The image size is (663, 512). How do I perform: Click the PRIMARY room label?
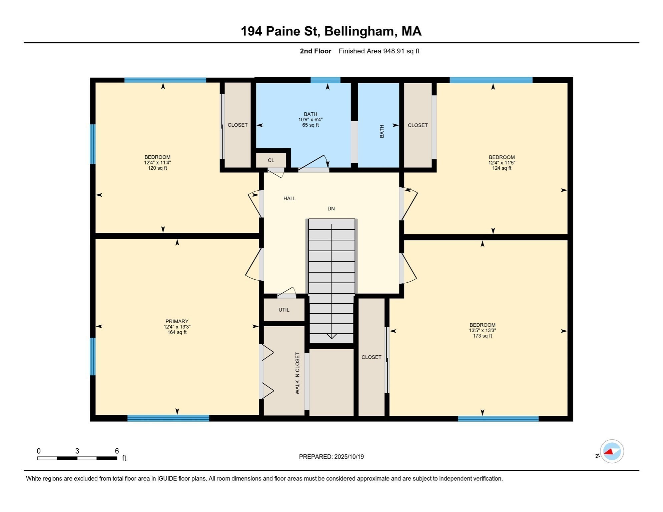pos(177,321)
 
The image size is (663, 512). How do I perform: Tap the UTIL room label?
pos(284,310)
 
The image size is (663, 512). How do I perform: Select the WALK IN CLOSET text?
pos(297,373)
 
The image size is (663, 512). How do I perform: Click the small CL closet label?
pos(271,160)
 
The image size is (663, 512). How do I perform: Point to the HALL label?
pos(289,198)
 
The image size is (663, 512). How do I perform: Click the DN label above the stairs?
pos(331,209)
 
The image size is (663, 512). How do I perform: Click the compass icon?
pos(612,451)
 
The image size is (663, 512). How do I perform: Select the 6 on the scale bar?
pos(117,451)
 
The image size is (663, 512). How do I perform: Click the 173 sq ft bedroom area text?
pos(482,336)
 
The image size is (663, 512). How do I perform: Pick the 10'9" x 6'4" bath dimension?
pos(310,120)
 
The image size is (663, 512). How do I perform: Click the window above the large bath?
pos(325,80)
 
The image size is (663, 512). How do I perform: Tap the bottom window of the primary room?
pos(168,418)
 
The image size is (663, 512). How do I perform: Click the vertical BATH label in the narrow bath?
pos(382,131)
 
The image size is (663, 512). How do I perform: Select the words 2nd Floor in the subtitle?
pos(315,51)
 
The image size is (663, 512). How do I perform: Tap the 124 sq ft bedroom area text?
pos(502,168)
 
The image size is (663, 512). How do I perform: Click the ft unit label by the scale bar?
pos(124,458)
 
